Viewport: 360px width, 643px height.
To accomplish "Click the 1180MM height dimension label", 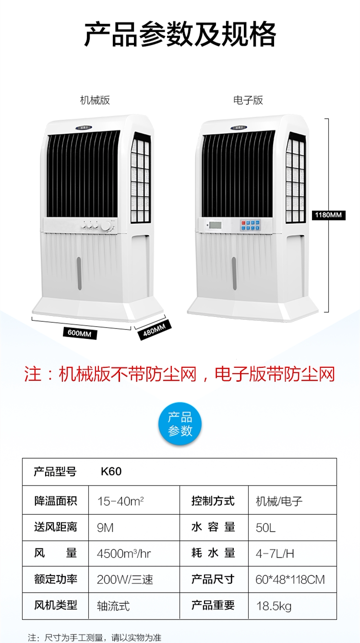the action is pyautogui.click(x=329, y=215).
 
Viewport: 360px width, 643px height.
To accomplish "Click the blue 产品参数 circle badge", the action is pyautogui.click(x=180, y=424).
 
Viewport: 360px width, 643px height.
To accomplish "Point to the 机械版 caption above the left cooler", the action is pyautogui.click(x=95, y=100).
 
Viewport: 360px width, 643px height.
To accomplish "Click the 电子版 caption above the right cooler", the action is pyautogui.click(x=248, y=100).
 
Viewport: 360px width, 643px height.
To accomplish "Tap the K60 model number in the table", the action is pyautogui.click(x=111, y=472).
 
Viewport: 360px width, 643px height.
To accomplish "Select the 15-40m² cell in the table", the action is pyautogui.click(x=120, y=501).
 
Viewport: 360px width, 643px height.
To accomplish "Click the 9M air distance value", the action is pyautogui.click(x=105, y=528).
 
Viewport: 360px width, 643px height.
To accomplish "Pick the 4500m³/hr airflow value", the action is pyautogui.click(x=124, y=554).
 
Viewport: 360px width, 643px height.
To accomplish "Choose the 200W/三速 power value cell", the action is pyautogui.click(x=125, y=580).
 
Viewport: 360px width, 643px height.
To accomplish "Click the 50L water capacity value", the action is pyautogui.click(x=265, y=528).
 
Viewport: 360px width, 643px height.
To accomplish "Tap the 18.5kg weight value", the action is pyautogui.click(x=274, y=606).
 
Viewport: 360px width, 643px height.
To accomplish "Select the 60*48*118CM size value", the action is pyautogui.click(x=290, y=580).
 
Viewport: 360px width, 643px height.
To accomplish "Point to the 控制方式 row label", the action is pyautogui.click(x=213, y=501).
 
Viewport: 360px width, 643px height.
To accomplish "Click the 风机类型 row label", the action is pyautogui.click(x=55, y=606).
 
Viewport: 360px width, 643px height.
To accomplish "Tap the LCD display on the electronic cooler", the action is pyautogui.click(x=215, y=224).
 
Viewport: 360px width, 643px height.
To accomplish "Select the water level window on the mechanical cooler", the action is pyautogui.click(x=79, y=273).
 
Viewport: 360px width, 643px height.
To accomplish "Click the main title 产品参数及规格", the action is pyautogui.click(x=180, y=34).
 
